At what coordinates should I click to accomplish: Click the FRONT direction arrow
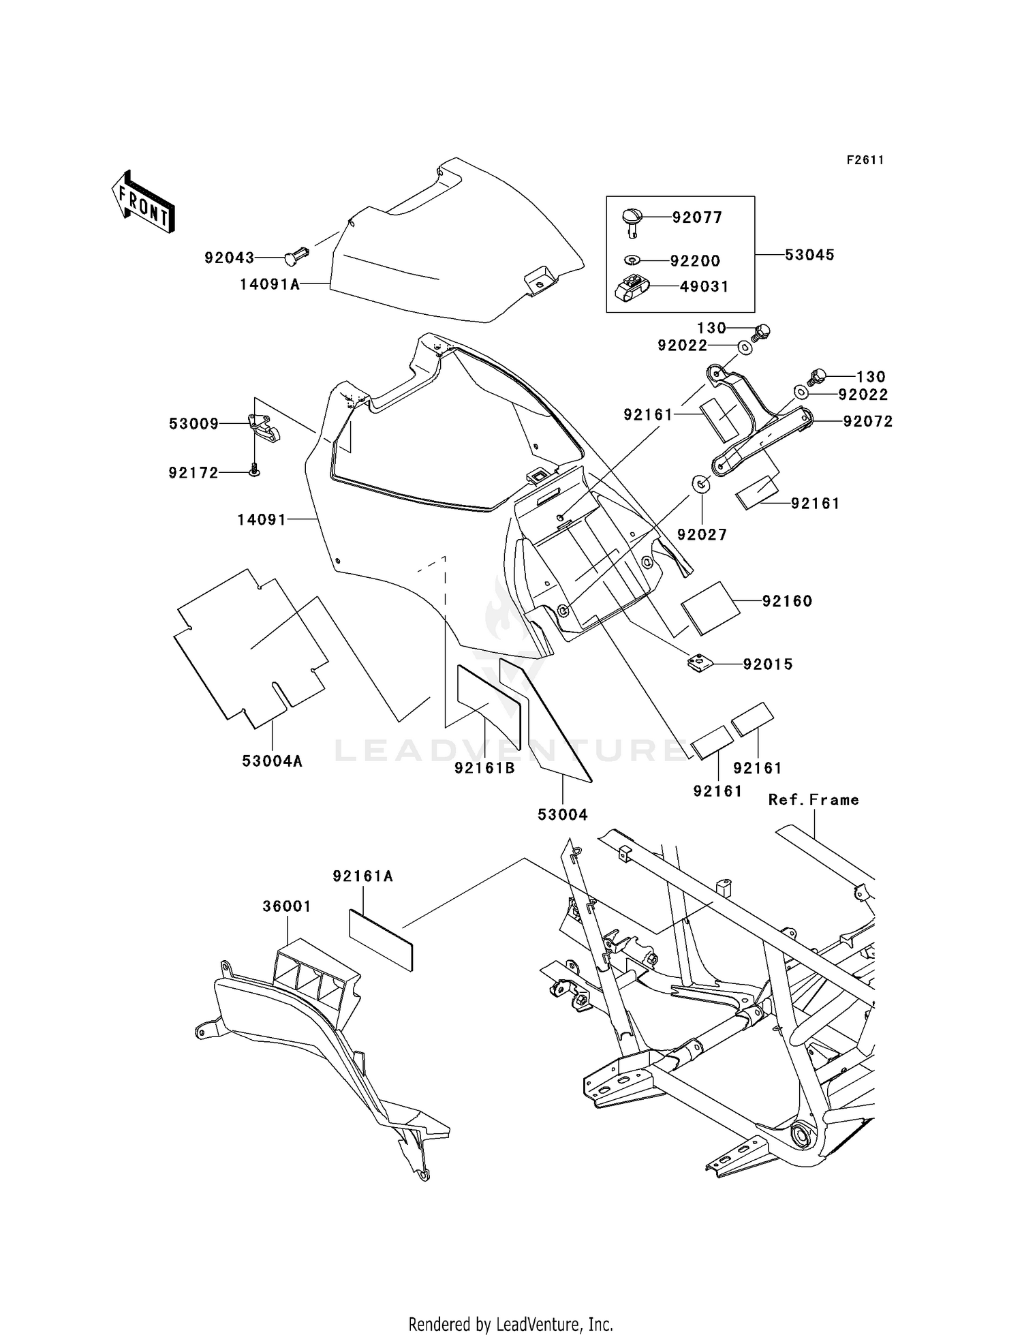(143, 202)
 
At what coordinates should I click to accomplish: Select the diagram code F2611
(865, 160)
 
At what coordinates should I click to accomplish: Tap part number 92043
(229, 258)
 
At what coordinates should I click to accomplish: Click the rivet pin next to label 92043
(297, 257)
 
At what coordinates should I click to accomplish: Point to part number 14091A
(270, 284)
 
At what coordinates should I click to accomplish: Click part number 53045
(809, 255)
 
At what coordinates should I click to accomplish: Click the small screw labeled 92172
(254, 470)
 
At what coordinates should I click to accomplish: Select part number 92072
(867, 421)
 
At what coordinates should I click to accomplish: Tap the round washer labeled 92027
(701, 485)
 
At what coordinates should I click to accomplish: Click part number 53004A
(272, 761)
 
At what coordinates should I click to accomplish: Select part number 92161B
(484, 768)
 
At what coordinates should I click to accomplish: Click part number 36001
(287, 906)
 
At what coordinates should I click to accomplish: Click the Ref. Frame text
(814, 800)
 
